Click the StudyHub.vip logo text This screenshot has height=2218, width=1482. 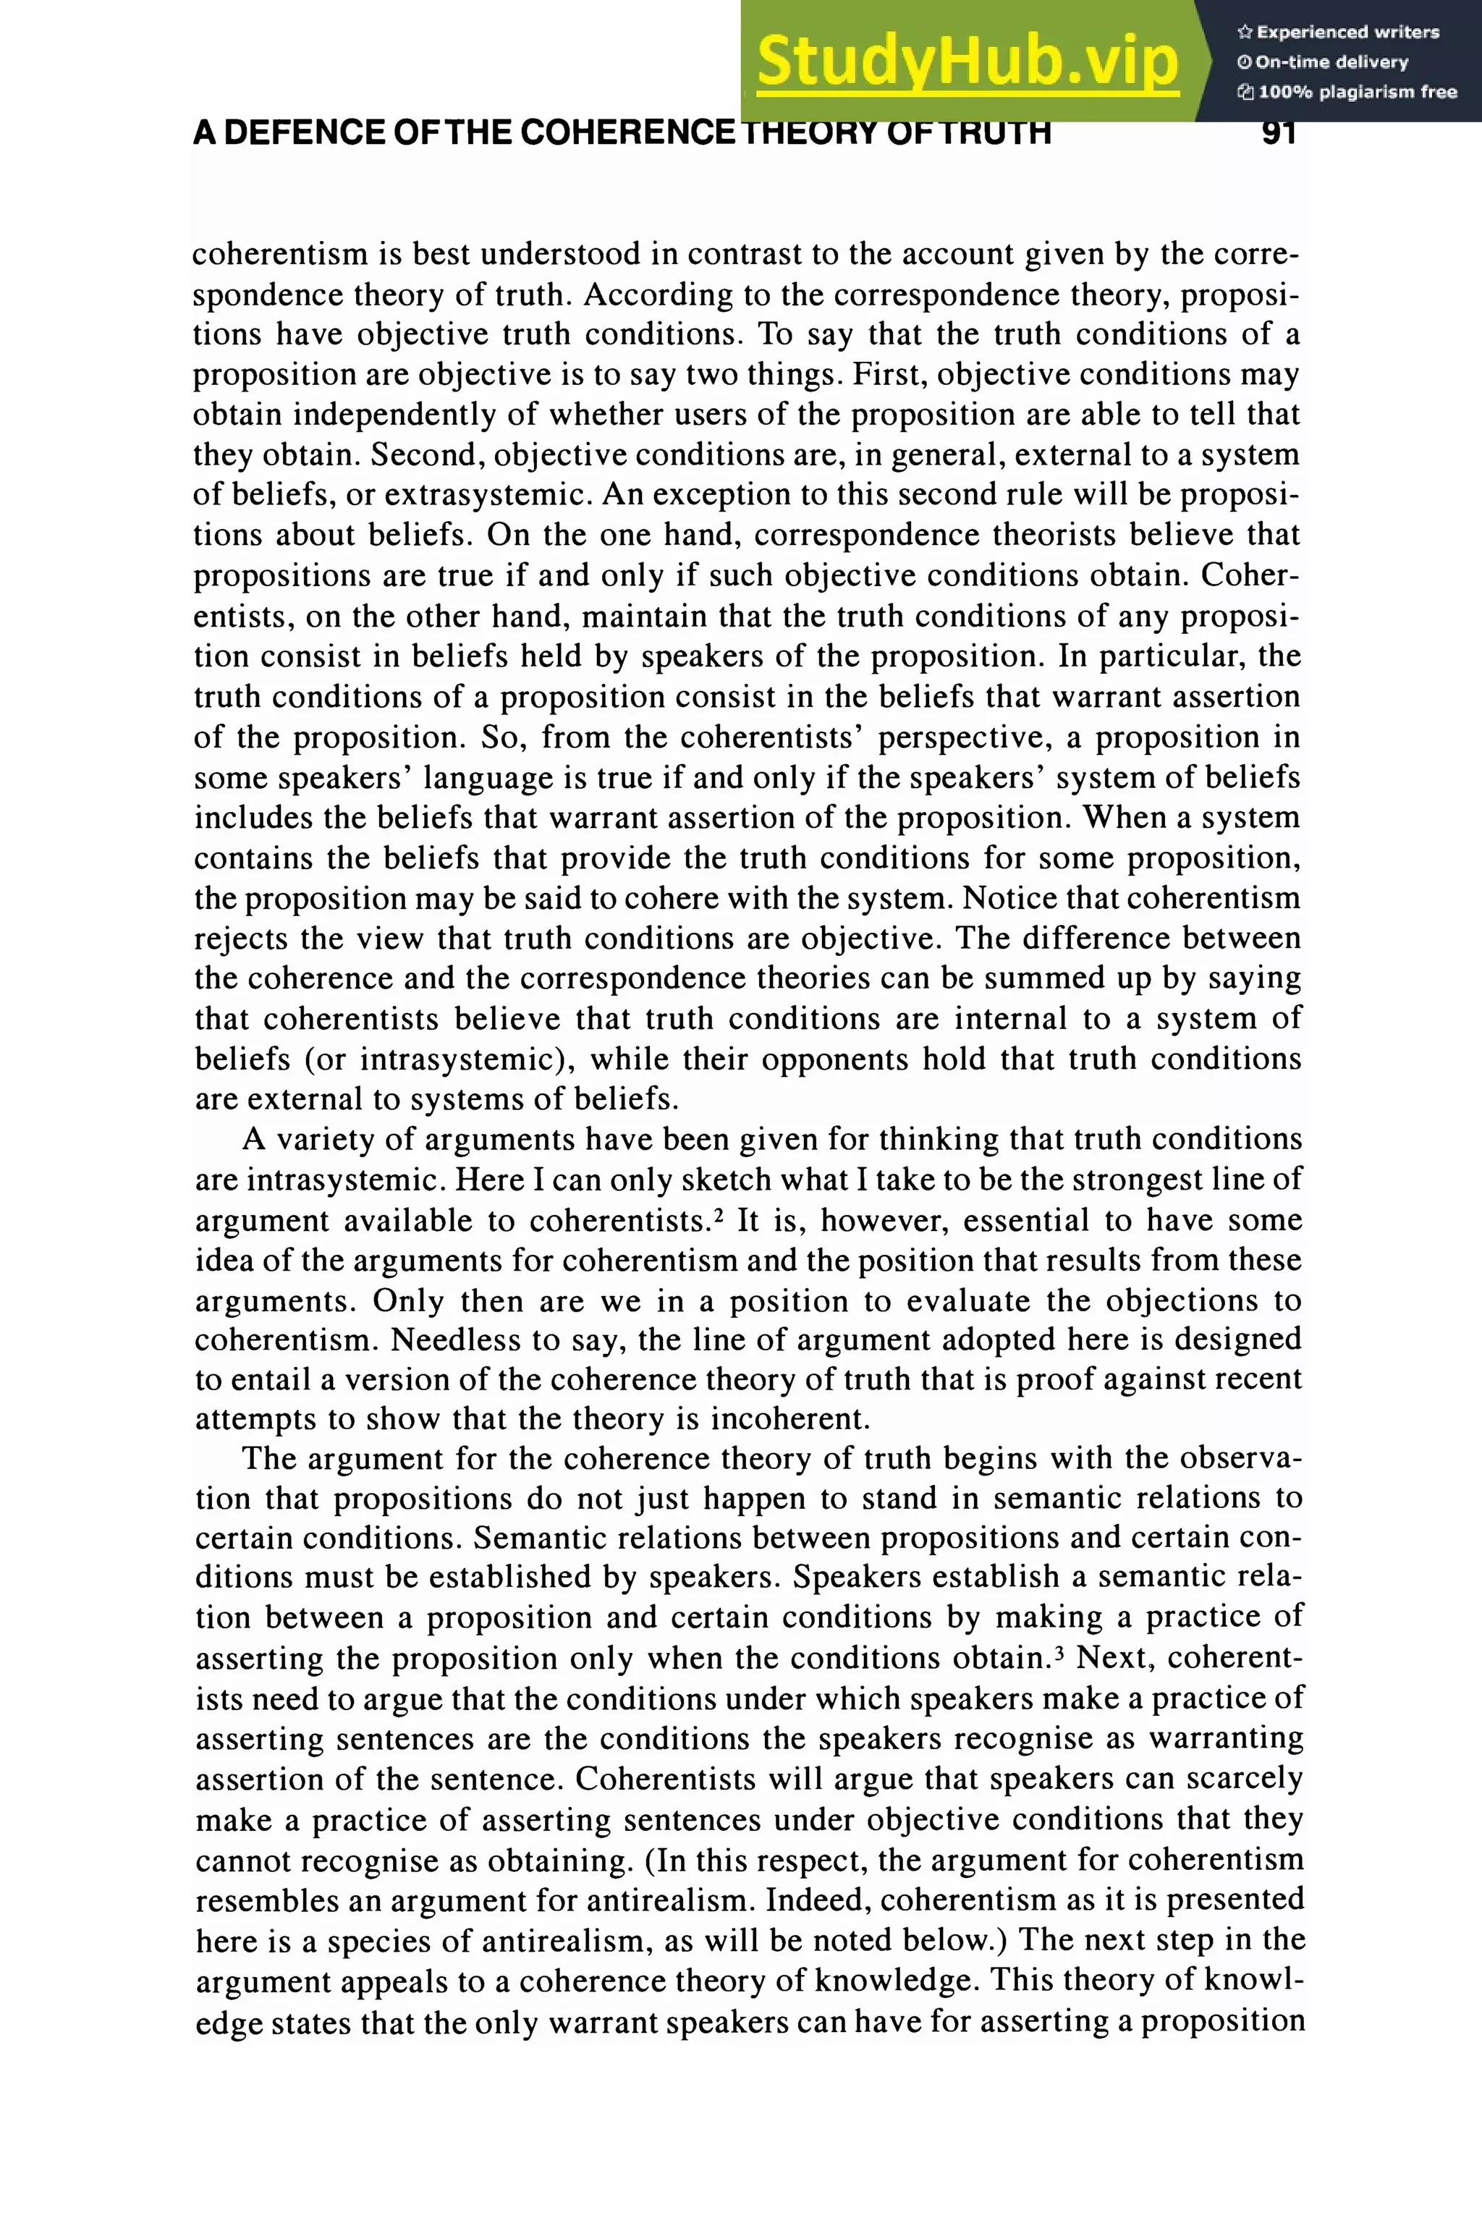point(967,62)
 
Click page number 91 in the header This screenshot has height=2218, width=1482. point(1278,133)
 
